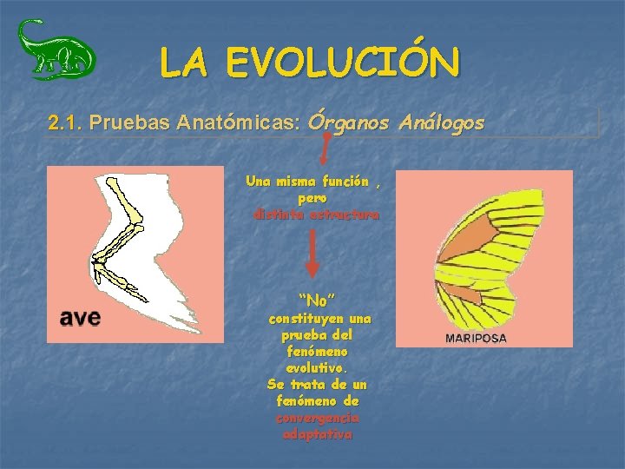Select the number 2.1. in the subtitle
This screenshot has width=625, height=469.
pos(66,123)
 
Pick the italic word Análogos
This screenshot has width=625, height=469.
pos(442,123)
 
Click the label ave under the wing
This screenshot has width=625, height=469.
pos(80,316)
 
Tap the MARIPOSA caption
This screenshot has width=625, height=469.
pos(476,339)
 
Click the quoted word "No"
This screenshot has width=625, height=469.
pos(317,301)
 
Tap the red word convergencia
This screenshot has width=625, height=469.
pos(318,419)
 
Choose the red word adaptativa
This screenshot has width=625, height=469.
pos(318,435)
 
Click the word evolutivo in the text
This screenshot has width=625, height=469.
pos(318,369)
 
